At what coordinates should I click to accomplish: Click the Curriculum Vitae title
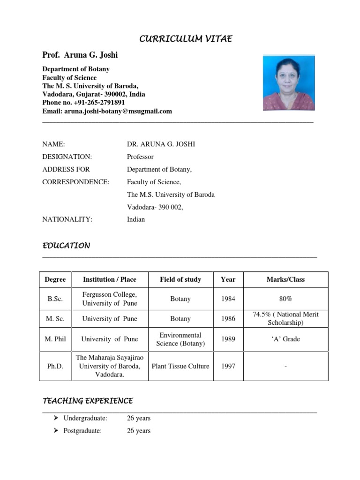coord(186,39)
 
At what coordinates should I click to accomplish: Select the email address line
coord(107,111)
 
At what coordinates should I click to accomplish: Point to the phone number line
coord(84,103)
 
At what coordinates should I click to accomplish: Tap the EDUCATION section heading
coord(66,246)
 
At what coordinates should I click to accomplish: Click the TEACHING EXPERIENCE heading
coord(88,401)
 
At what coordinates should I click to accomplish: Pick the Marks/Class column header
coord(285,279)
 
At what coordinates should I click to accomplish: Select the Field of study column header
coord(180,279)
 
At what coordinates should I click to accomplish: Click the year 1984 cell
coord(228,299)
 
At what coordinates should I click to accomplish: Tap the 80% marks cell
coord(285,299)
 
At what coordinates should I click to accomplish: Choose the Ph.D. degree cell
coord(55,366)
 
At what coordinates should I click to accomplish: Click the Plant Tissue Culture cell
coord(180,366)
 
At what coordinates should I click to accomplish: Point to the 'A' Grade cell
coord(285,339)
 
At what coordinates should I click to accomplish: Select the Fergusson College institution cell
coord(110,299)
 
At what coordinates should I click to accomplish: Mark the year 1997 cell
coord(228,366)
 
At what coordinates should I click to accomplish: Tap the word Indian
coord(136,219)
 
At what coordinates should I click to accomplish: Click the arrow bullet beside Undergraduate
coord(55,418)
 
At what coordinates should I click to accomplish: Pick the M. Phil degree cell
coord(55,339)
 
